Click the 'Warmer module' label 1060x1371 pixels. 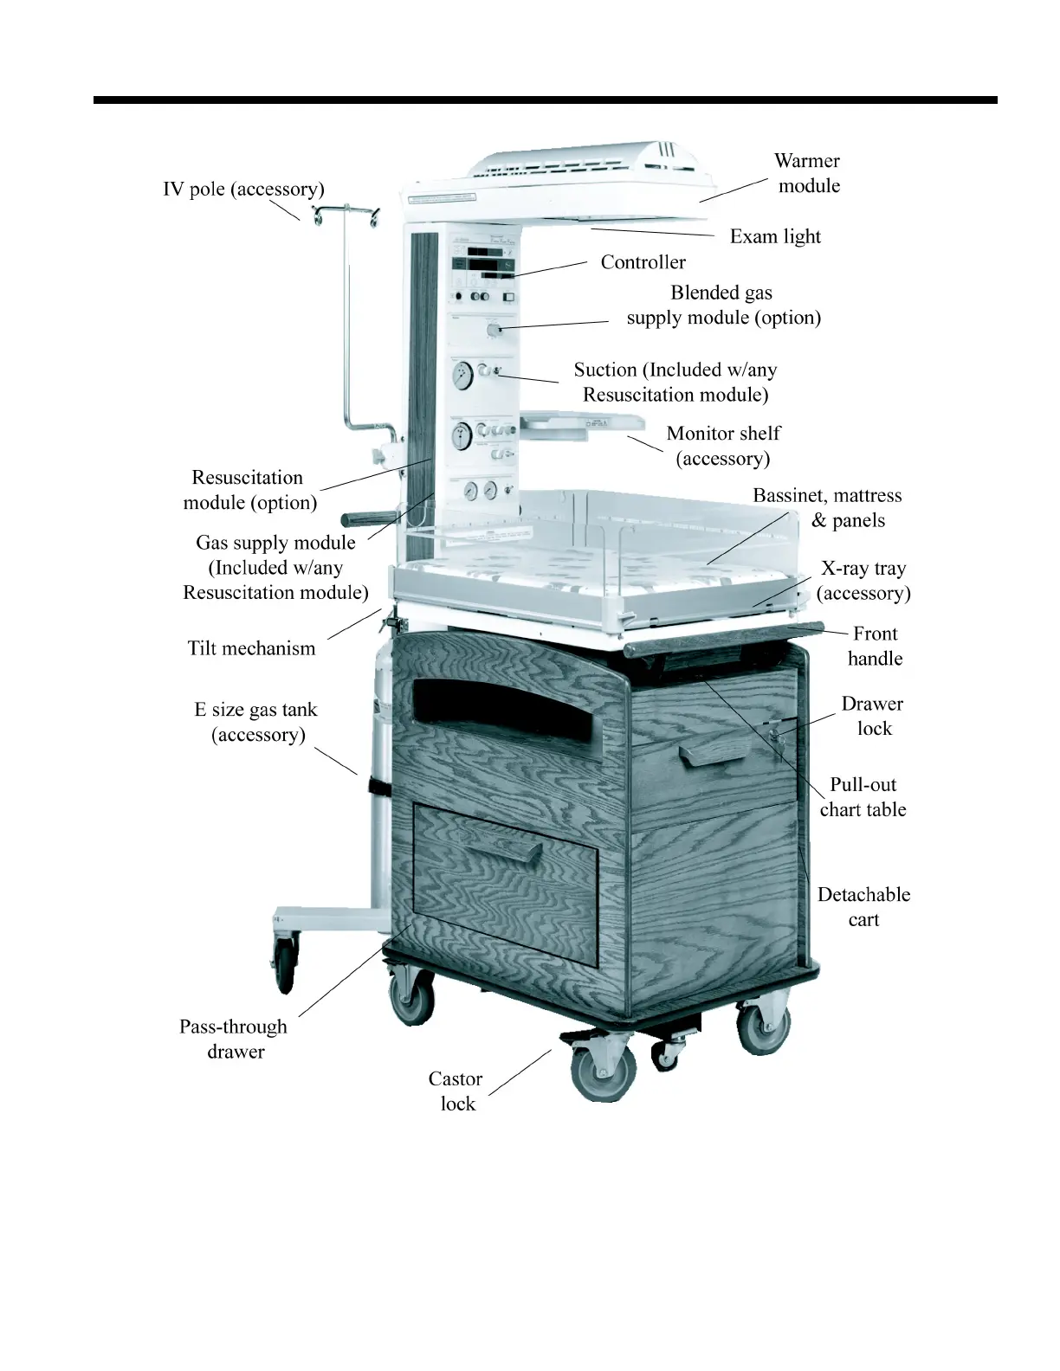pos(807,173)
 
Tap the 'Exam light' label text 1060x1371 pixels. pos(775,237)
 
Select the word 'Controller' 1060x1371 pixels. pos(643,262)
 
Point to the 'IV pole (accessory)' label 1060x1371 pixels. pos(243,190)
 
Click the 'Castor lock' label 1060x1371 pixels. pos(456,1091)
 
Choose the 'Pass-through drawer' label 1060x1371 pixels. pos(234,1039)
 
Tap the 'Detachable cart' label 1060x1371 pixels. pos(863,907)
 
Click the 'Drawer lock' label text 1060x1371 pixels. pos(872,716)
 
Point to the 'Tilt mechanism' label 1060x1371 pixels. pos(251,649)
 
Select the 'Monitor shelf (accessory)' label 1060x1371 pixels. pos(723,446)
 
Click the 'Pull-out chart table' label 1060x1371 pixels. pos(863,797)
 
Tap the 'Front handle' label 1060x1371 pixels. pos(875,646)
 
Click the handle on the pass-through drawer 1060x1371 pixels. pos(505,853)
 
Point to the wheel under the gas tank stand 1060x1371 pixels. pos(285,964)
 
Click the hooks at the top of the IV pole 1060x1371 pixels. pos(346,214)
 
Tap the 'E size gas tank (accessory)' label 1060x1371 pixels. pos(256,722)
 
